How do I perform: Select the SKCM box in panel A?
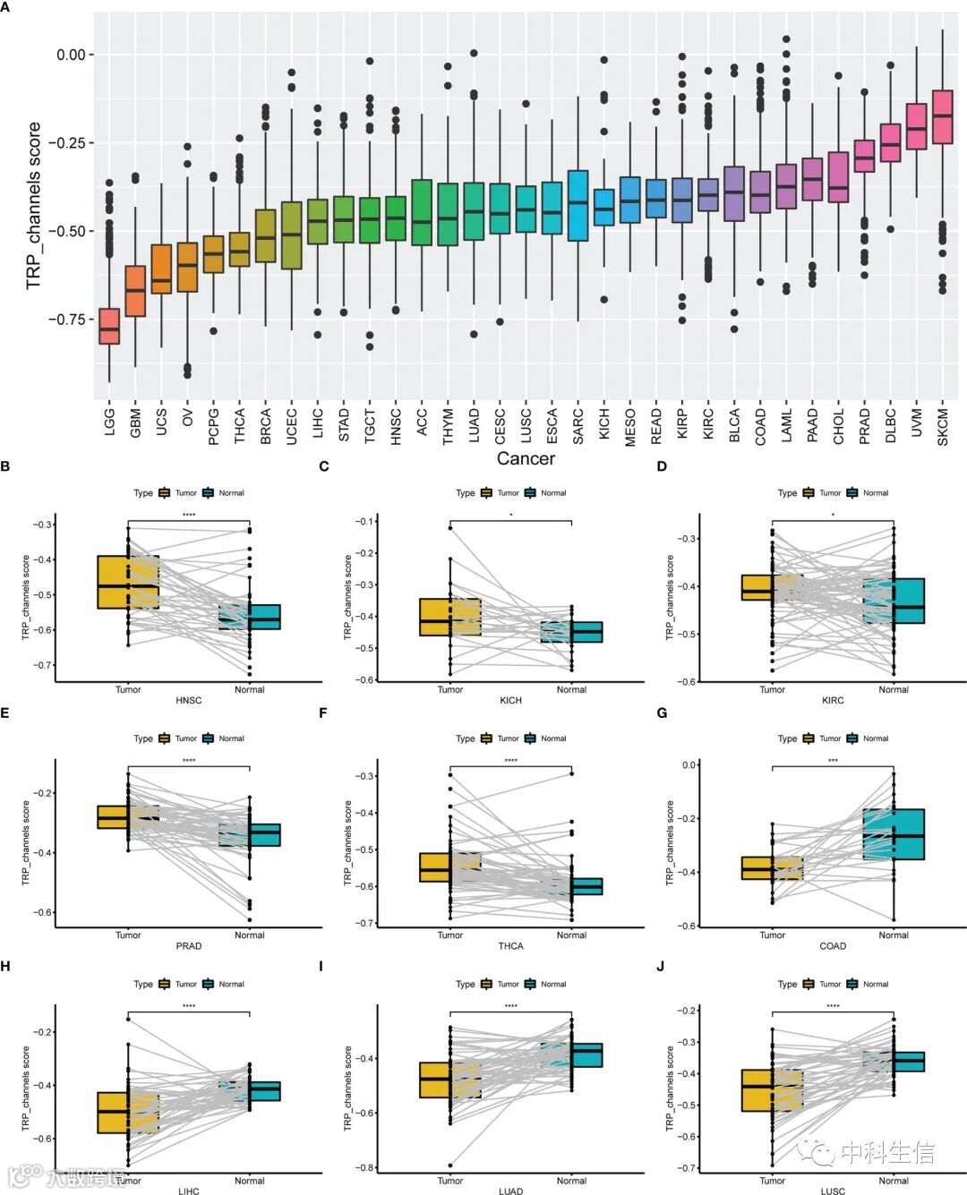(x=942, y=116)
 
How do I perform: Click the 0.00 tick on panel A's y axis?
(x=71, y=55)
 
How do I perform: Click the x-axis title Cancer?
(x=526, y=458)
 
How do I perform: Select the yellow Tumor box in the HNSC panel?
(x=128, y=582)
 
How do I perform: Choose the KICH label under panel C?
(x=510, y=701)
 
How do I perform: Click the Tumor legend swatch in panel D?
(x=809, y=493)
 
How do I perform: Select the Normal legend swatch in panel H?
(x=210, y=984)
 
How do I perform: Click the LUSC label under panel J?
(x=833, y=1191)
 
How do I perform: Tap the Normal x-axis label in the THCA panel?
(x=571, y=935)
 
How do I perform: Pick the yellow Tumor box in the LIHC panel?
(x=128, y=1113)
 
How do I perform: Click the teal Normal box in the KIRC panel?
(x=894, y=601)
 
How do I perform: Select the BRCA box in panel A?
(x=265, y=236)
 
